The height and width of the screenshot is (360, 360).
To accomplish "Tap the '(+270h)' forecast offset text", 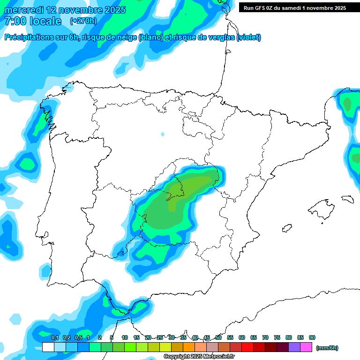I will tap(83, 21).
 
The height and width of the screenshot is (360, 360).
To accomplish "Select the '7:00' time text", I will tap(15, 21).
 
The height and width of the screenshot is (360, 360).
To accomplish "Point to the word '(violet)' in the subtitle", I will tap(249, 37).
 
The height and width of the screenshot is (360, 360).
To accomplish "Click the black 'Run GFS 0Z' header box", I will tap(295, 7).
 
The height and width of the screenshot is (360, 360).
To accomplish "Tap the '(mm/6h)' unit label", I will tap(327, 348).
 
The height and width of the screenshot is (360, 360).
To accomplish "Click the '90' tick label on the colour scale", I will tap(312, 337).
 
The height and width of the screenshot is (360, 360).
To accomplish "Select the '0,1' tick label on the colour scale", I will tap(54, 337).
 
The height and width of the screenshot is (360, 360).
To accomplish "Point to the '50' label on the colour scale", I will tap(218, 337).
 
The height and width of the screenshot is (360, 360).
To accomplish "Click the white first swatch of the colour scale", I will tap(48, 347).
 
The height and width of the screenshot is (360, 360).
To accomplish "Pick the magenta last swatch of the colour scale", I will tap(306, 347).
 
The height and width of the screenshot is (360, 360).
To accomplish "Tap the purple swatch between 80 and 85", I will tap(294, 347).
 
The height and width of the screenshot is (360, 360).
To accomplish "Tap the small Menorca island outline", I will tap(347, 199).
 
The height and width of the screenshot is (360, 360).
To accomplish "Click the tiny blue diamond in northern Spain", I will tap(163, 135).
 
